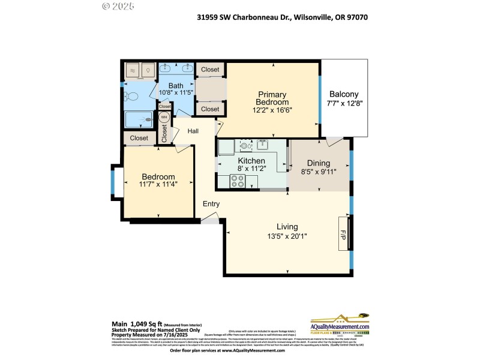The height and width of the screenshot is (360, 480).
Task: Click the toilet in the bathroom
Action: (x=129, y=95)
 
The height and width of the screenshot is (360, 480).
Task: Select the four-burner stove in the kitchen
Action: (x=238, y=181)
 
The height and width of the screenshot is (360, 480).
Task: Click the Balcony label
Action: (x=344, y=94)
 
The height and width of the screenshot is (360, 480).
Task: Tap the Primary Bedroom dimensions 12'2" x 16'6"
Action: (x=272, y=110)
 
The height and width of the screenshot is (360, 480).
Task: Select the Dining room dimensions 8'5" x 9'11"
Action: (x=319, y=172)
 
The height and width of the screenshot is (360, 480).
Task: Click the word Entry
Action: (x=211, y=204)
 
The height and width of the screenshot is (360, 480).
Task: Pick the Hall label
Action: (x=193, y=131)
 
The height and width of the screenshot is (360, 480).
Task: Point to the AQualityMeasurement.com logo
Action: (x=339, y=325)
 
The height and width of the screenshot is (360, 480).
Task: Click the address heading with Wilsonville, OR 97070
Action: (x=282, y=17)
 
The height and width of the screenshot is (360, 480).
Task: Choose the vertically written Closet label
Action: (x=164, y=134)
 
